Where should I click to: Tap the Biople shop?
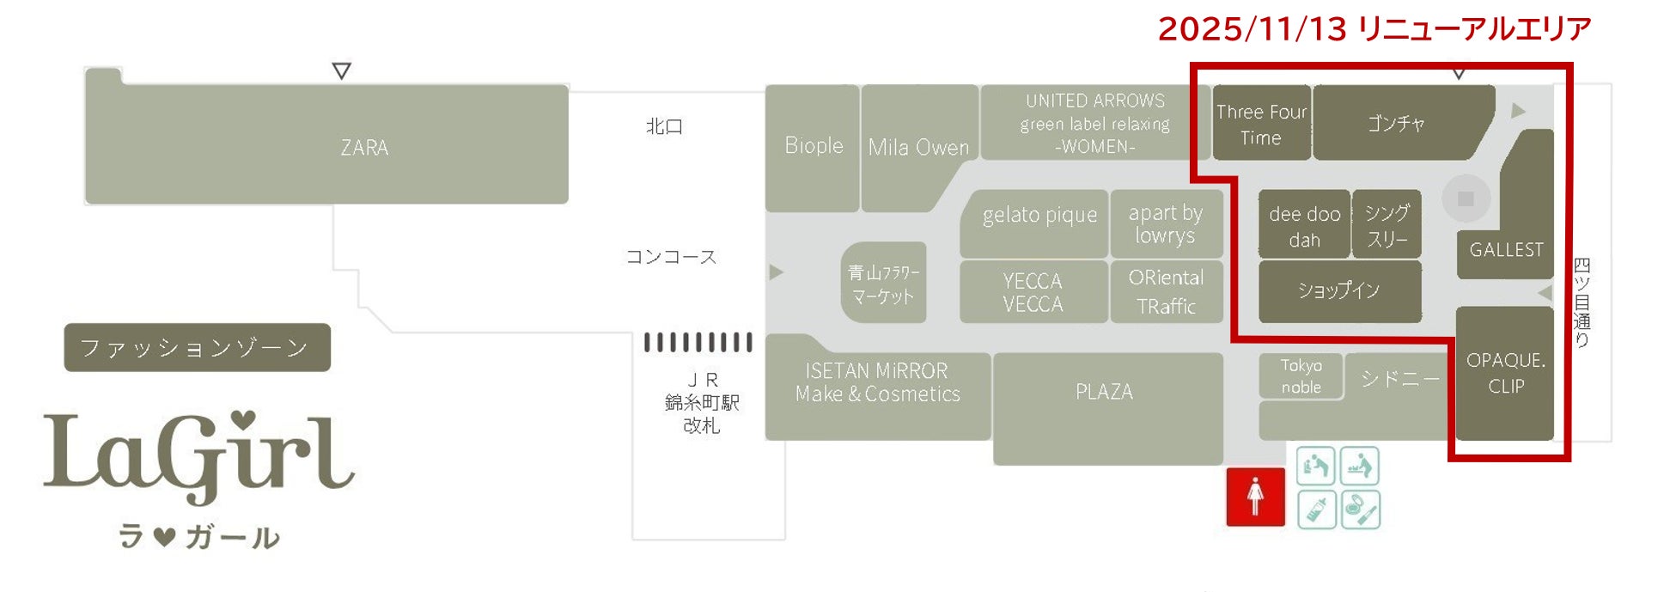[813, 146]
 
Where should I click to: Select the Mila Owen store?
[918, 147]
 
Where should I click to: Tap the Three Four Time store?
[1261, 125]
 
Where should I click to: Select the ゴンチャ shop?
[1396, 124]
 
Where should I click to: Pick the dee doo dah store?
[1304, 225]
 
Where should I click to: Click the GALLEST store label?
[1506, 250]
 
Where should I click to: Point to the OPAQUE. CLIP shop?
[1505, 373]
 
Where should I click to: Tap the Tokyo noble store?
[1301, 376]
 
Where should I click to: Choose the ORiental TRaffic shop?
[1166, 292]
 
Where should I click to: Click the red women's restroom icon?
[1255, 497]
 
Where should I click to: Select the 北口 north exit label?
[664, 127]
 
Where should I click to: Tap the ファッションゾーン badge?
[197, 348]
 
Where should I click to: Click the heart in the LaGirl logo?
[244, 418]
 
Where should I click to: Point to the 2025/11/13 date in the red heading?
[1252, 29]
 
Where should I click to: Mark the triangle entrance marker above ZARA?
[341, 71]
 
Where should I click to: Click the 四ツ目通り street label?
[1582, 302]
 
